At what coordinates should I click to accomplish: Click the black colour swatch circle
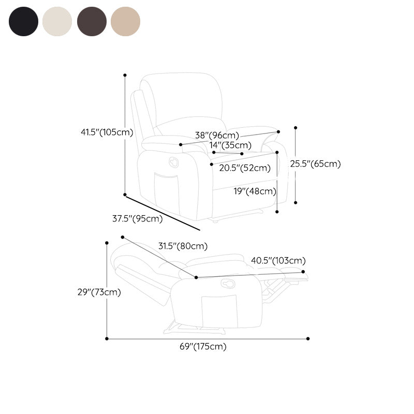[23, 21]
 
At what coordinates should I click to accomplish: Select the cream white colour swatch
[57, 21]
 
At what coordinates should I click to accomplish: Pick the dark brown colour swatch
[92, 21]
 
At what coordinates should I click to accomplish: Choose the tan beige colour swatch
[125, 21]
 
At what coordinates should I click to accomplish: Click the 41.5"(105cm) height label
[107, 132]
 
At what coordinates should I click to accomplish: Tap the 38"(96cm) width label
[217, 135]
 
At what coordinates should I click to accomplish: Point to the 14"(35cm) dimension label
[230, 145]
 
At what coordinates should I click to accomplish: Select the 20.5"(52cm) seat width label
[245, 168]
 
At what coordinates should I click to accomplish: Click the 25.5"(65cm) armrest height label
[315, 164]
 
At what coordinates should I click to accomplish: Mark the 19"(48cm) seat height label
[255, 191]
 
